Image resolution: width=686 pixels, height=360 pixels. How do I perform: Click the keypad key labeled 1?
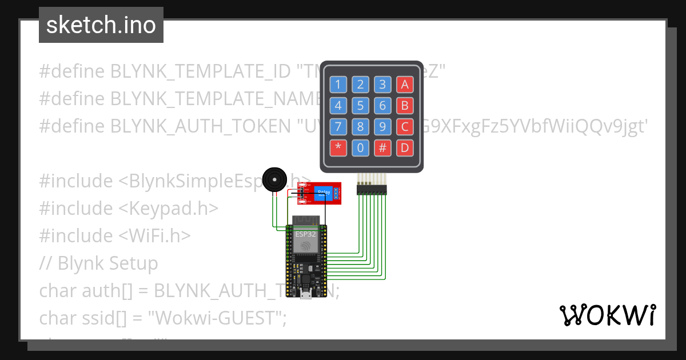pyautogui.click(x=338, y=85)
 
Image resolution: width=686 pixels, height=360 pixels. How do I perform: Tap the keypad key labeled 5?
pyautogui.click(x=360, y=106)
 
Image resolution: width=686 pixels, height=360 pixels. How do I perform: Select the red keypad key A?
pyautogui.click(x=405, y=85)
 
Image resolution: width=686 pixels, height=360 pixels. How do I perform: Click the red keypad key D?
pyautogui.click(x=405, y=148)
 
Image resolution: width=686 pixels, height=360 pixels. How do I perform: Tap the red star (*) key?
pyautogui.click(x=338, y=148)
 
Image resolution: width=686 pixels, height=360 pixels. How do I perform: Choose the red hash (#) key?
pyautogui.click(x=382, y=148)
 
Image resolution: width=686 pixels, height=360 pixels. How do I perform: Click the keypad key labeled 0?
pyautogui.click(x=360, y=148)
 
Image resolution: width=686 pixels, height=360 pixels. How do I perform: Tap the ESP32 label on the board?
pyautogui.click(x=305, y=234)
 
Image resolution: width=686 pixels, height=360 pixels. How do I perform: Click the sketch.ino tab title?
pyautogui.click(x=101, y=25)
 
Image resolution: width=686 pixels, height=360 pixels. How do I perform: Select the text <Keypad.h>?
pyautogui.click(x=168, y=208)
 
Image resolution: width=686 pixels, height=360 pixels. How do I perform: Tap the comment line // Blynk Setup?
pyautogui.click(x=98, y=263)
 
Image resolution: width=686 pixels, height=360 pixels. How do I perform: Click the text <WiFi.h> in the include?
pyautogui.click(x=154, y=235)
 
